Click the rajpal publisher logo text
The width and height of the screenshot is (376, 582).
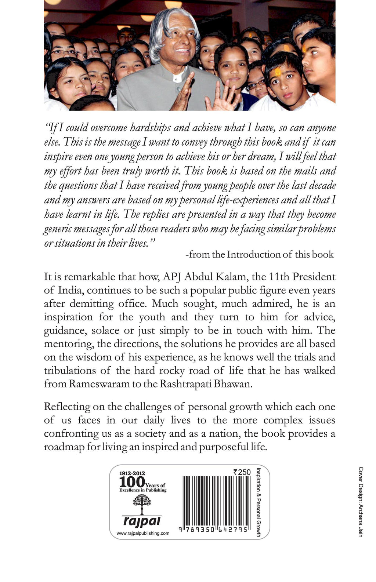(x=141, y=521)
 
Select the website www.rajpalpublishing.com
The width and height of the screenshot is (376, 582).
(x=143, y=534)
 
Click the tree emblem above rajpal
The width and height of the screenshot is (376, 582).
(x=142, y=503)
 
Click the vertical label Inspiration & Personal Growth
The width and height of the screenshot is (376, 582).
(x=258, y=502)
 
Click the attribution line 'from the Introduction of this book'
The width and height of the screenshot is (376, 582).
(x=260, y=255)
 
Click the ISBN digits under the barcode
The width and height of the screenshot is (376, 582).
(x=214, y=530)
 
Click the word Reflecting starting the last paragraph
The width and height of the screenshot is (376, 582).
(x=67, y=407)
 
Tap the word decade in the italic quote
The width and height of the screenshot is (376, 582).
(x=322, y=185)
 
